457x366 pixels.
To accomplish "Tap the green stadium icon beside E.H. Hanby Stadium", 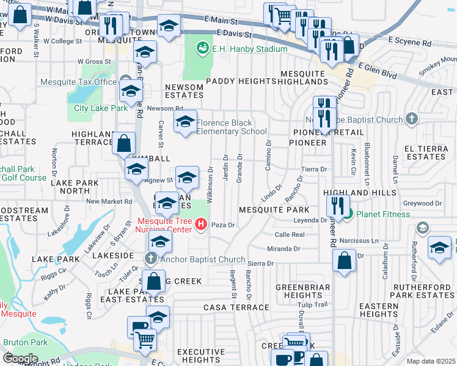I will tap(203, 47).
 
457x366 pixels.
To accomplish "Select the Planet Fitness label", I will tap(386, 214).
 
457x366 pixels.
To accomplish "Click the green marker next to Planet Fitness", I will tap(347, 214).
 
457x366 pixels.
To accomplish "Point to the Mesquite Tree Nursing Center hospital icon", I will tap(200, 225).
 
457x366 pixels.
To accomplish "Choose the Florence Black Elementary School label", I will tap(232, 127).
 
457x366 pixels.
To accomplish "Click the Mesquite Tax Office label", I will tap(78, 82).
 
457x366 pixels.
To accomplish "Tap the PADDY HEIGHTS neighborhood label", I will tap(238, 81).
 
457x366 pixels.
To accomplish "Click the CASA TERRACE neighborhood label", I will tap(236, 307).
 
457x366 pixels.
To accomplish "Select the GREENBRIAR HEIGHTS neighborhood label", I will tap(303, 291).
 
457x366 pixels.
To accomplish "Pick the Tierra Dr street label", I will tap(315, 169).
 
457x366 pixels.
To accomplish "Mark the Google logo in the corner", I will tap(20, 359).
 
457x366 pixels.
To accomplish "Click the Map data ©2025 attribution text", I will tap(430, 361).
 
